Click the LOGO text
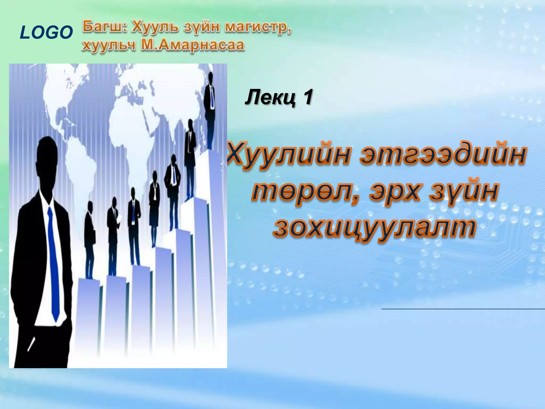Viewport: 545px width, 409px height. pyautogui.click(x=46, y=32)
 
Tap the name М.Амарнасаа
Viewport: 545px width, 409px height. pyautogui.click(x=192, y=45)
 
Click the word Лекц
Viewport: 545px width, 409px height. pyautogui.click(x=270, y=97)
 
